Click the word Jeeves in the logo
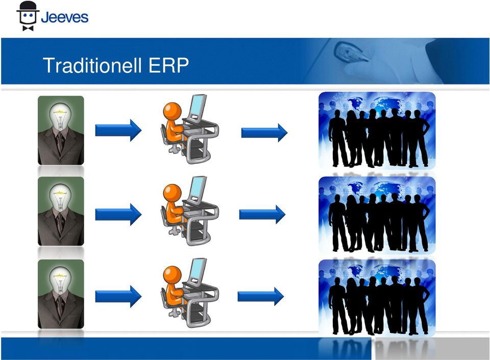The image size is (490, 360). [x=65, y=17]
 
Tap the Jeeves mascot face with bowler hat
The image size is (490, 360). [x=28, y=16]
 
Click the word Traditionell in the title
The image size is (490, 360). [x=92, y=65]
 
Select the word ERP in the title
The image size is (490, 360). [x=168, y=65]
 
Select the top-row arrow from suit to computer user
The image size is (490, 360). [x=118, y=130]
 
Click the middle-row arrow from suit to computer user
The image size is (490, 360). [x=118, y=214]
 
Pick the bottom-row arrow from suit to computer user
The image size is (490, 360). [x=118, y=296]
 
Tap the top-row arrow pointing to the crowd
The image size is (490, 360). [x=264, y=133]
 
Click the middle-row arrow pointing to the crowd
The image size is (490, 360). [x=262, y=214]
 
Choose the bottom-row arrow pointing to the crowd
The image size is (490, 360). [x=261, y=296]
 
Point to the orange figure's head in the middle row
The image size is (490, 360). [x=172, y=193]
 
